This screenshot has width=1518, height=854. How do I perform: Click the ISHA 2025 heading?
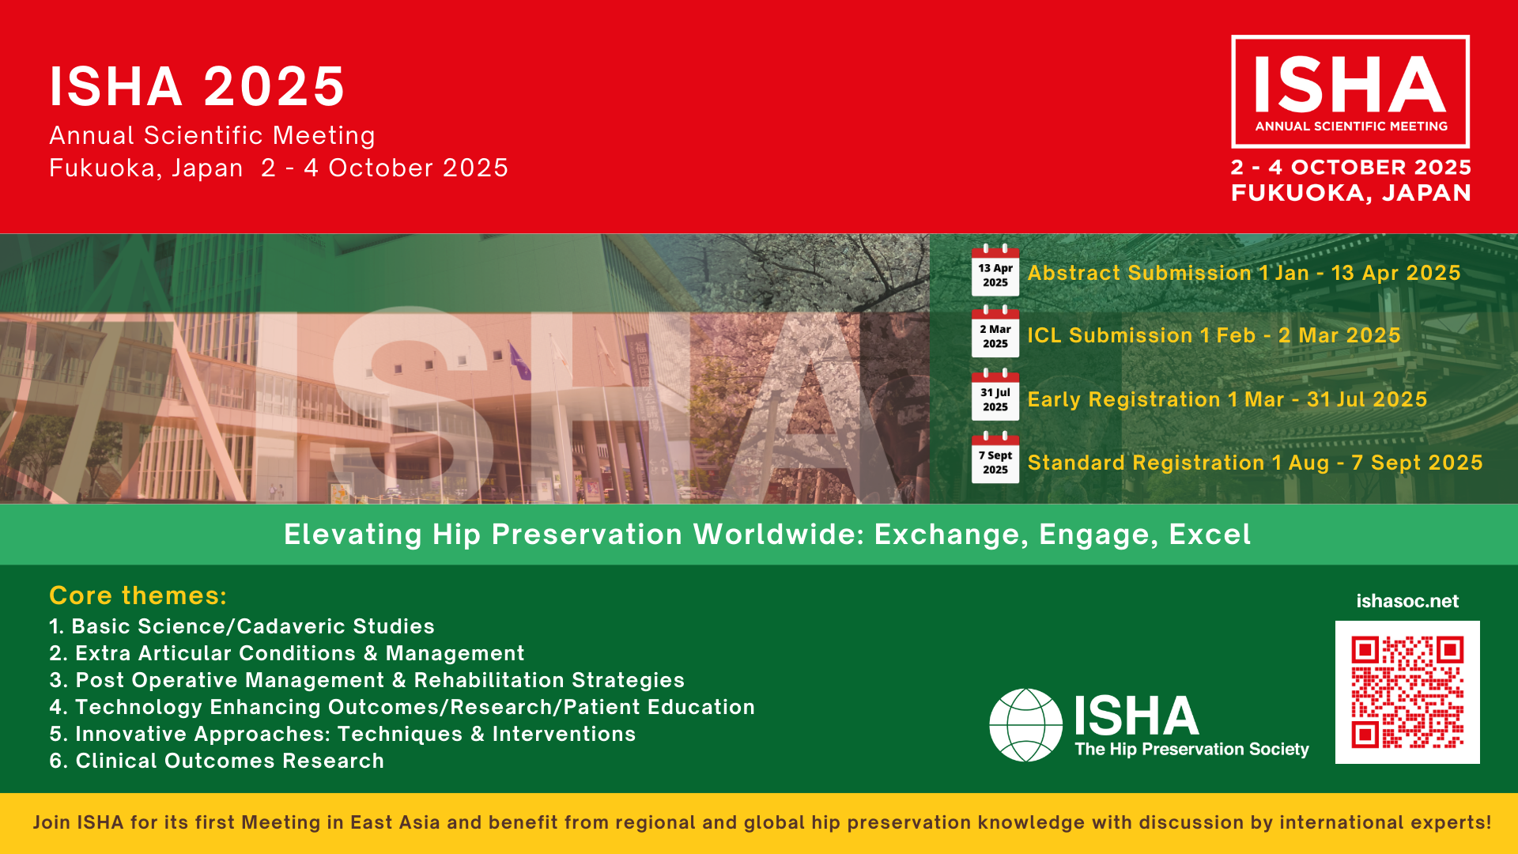pyautogui.click(x=198, y=86)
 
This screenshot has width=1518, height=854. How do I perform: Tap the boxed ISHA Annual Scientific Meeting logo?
pyautogui.click(x=1350, y=92)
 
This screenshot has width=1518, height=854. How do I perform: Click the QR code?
pyautogui.click(x=1407, y=692)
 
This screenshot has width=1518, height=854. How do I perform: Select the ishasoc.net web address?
pyautogui.click(x=1407, y=601)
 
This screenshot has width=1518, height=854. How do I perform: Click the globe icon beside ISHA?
pyautogui.click(x=1025, y=725)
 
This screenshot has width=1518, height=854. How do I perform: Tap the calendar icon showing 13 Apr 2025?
pyautogui.click(x=995, y=271)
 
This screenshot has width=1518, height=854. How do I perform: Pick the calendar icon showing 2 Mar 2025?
pyautogui.click(x=995, y=333)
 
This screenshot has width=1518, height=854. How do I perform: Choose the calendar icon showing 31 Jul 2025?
pyautogui.click(x=995, y=396)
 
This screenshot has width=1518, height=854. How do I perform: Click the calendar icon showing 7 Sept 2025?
pyautogui.click(x=995, y=459)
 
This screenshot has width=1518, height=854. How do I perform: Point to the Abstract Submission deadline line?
pyautogui.click(x=1244, y=274)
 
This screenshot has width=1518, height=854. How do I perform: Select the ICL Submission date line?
pyautogui.click(x=1214, y=336)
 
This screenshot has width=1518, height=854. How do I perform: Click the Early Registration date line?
pyautogui.click(x=1227, y=400)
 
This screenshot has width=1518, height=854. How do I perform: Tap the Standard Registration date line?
pyautogui.click(x=1255, y=463)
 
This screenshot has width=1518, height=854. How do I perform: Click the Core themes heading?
pyautogui.click(x=138, y=595)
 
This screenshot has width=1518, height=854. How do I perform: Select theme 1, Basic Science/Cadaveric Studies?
pyautogui.click(x=242, y=626)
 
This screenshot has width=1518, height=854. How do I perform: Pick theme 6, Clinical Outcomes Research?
pyautogui.click(x=217, y=761)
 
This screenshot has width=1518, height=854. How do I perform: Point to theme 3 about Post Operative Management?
pyautogui.click(x=367, y=680)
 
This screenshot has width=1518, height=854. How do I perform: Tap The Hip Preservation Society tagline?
pyautogui.click(x=1191, y=749)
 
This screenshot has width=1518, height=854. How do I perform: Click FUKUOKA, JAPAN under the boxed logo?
pyautogui.click(x=1351, y=193)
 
